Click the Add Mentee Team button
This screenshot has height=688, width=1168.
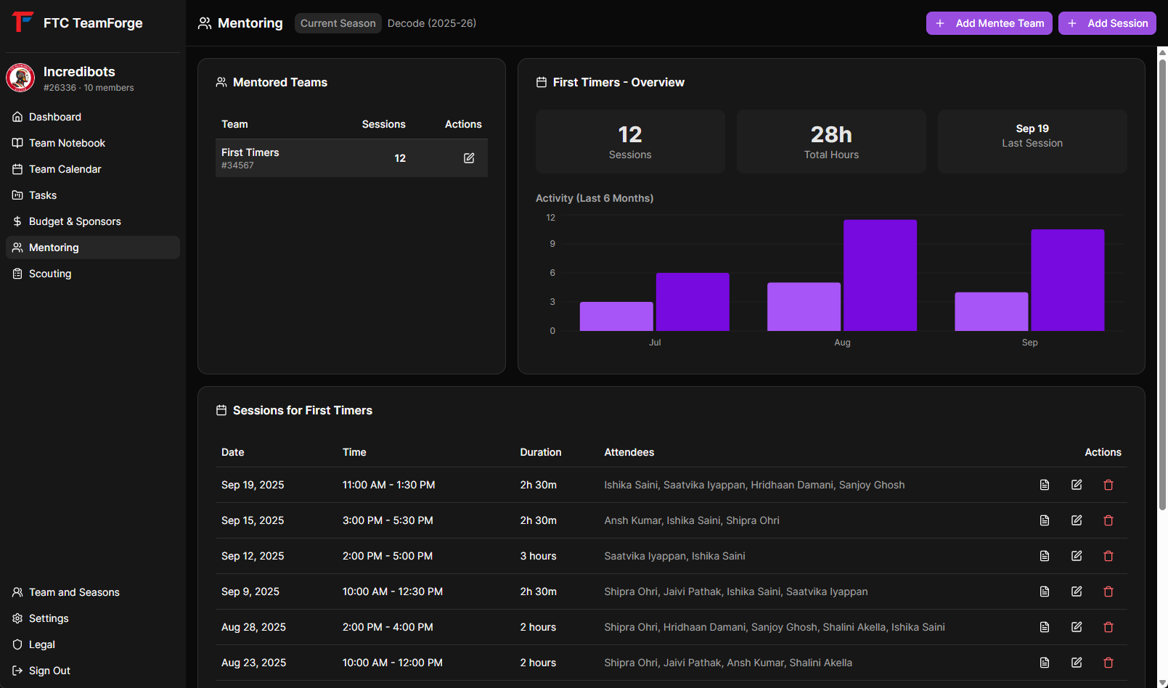989,23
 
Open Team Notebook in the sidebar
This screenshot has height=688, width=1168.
67,143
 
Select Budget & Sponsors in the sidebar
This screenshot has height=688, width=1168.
75,221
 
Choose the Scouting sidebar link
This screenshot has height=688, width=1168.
50,274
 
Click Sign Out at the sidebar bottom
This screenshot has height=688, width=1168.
49,671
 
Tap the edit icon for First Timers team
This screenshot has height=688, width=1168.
469,158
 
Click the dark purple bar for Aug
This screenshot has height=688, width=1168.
880,276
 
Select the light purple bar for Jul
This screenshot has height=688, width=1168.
616,316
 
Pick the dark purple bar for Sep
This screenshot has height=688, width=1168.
1067,280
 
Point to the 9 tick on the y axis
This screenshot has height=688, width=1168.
552,244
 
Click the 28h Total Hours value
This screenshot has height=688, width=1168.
831,135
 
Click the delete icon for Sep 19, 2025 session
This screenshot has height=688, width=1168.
1108,485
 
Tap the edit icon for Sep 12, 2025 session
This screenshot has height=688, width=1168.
1077,556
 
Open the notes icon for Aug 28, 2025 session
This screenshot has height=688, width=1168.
1045,627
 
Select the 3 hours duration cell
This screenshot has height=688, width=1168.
538,556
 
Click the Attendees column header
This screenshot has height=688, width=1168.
629,452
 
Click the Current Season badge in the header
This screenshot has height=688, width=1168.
338,23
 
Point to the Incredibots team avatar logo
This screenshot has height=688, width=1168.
20,78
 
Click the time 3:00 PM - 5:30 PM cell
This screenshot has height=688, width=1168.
388,520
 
